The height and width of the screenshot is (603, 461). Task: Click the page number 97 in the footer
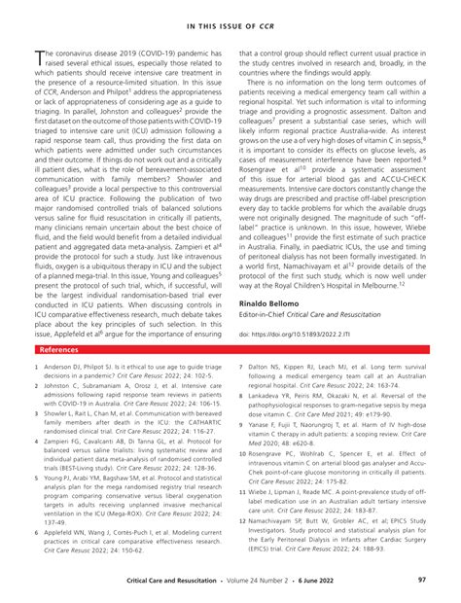point(422,580)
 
